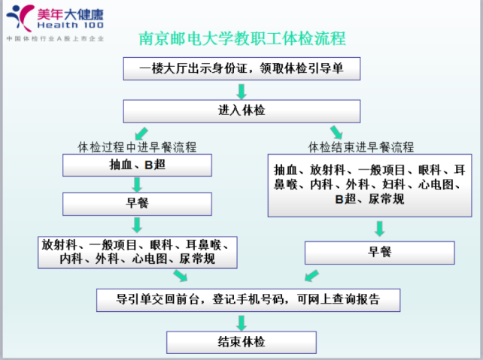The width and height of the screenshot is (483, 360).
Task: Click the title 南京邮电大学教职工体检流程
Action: [242, 39]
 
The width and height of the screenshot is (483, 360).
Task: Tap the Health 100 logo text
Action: [70, 26]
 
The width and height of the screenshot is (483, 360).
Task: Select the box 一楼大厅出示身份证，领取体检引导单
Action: [241, 68]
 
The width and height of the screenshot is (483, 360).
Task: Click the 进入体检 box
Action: [241, 111]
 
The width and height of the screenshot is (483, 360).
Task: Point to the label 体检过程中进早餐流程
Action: [137, 147]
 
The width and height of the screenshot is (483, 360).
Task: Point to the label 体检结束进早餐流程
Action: [361, 147]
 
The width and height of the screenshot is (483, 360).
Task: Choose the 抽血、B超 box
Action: [137, 165]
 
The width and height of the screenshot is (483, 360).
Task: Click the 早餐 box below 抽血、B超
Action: [137, 204]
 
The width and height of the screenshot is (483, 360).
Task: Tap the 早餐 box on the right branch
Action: [379, 253]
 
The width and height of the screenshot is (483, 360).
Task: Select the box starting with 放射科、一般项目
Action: [138, 253]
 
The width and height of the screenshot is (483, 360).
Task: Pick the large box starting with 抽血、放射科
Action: [369, 186]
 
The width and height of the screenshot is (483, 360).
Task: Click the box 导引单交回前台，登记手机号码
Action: [248, 300]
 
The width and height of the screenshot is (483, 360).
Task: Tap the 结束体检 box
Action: [241, 342]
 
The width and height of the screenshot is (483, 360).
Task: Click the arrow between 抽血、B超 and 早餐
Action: [137, 185]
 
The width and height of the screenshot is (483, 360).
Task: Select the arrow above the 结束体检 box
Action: [241, 322]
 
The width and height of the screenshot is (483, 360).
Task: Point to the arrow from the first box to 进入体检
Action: [241, 92]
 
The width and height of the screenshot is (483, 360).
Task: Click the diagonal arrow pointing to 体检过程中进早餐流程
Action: [141, 134]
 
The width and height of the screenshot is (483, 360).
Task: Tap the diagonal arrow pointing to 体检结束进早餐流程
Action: [336, 132]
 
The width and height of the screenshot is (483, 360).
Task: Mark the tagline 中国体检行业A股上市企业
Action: [55, 39]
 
